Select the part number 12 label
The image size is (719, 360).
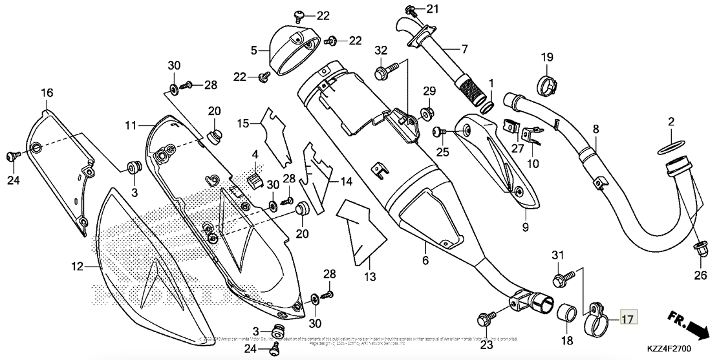(77, 266)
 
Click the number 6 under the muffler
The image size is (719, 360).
(425, 260)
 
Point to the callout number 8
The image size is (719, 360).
(596, 129)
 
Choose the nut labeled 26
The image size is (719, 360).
(700, 246)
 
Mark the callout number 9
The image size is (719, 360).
(525, 228)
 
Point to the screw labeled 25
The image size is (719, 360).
(439, 131)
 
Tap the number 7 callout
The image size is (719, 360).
(464, 48)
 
